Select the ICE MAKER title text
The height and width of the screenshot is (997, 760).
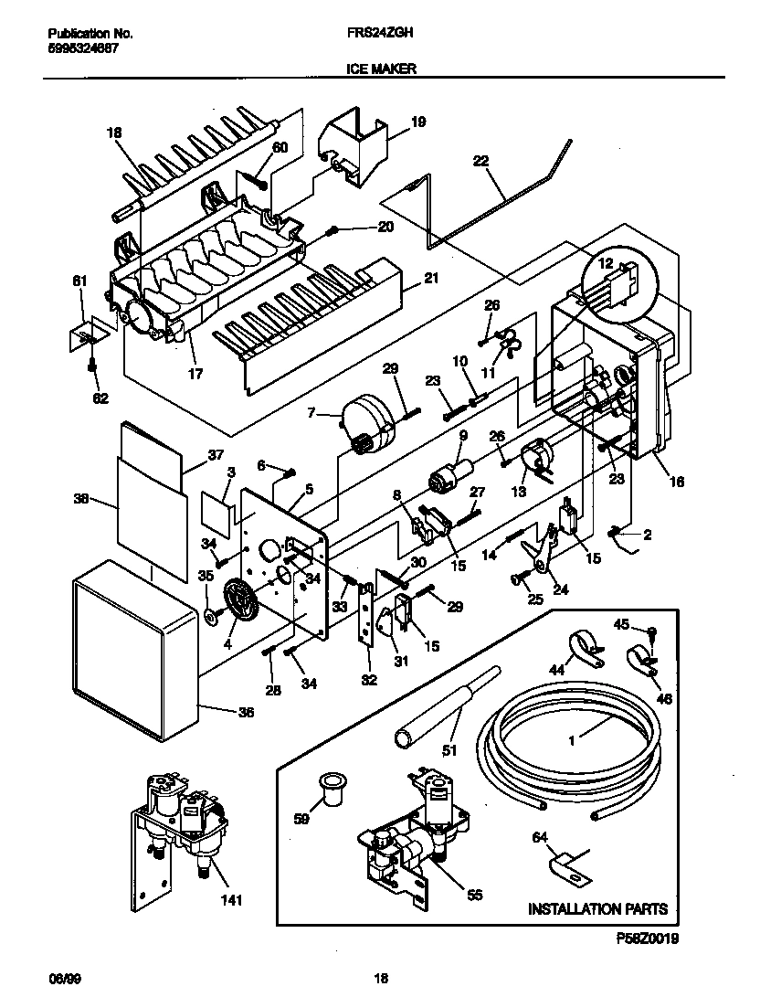point(380,69)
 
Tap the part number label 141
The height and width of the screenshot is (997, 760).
point(232,901)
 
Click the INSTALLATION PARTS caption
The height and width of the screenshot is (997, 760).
point(597,908)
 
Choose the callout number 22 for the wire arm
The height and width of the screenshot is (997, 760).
point(480,161)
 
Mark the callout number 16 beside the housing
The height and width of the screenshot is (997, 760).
point(676,482)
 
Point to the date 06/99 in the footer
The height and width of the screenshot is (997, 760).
point(60,978)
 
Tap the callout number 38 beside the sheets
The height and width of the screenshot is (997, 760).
point(81,500)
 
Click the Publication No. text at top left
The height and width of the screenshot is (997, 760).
point(90,34)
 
